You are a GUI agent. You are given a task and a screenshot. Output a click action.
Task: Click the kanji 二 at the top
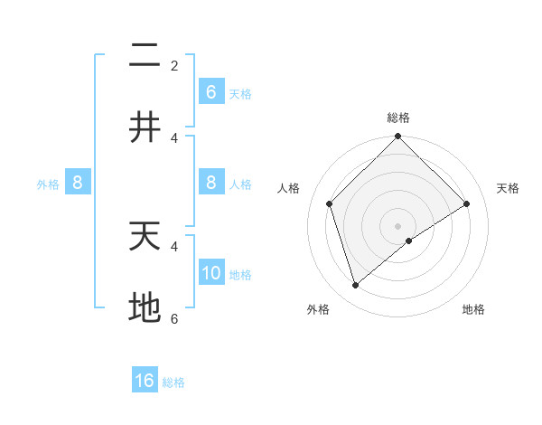coord(145,57)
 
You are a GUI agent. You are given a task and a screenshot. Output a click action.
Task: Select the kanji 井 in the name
coord(145,127)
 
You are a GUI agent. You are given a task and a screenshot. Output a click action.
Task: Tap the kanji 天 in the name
coord(145,236)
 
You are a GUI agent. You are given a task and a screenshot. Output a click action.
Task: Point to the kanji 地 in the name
coord(145,307)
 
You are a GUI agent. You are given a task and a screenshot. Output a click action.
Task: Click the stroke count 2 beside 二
coord(174,65)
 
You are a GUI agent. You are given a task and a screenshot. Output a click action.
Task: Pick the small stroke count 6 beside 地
coord(174,318)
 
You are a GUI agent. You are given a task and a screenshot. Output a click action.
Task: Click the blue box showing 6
coord(210,91)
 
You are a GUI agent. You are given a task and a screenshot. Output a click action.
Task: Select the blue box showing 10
coord(210,272)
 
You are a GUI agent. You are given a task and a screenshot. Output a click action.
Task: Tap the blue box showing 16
coord(145,381)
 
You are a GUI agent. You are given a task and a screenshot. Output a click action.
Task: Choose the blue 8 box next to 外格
coord(78,183)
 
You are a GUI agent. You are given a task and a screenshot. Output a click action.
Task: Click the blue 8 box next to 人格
coord(210,183)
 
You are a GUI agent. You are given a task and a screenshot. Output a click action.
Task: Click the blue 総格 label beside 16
coord(173,382)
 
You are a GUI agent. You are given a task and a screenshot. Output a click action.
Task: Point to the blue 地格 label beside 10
coord(240,274)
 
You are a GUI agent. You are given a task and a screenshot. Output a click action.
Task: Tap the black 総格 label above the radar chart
coord(398,118)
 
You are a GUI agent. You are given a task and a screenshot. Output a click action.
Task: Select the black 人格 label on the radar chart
coord(289,188)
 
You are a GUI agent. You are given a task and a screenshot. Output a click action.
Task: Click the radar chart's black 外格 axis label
coord(318,309)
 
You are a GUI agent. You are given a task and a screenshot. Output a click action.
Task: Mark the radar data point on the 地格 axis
coord(409,241)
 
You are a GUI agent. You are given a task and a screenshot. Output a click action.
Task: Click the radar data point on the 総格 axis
coord(398,137)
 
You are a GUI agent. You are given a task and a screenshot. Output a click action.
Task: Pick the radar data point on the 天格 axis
coord(467,203)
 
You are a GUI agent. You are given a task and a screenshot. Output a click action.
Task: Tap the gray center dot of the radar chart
coord(398,225)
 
